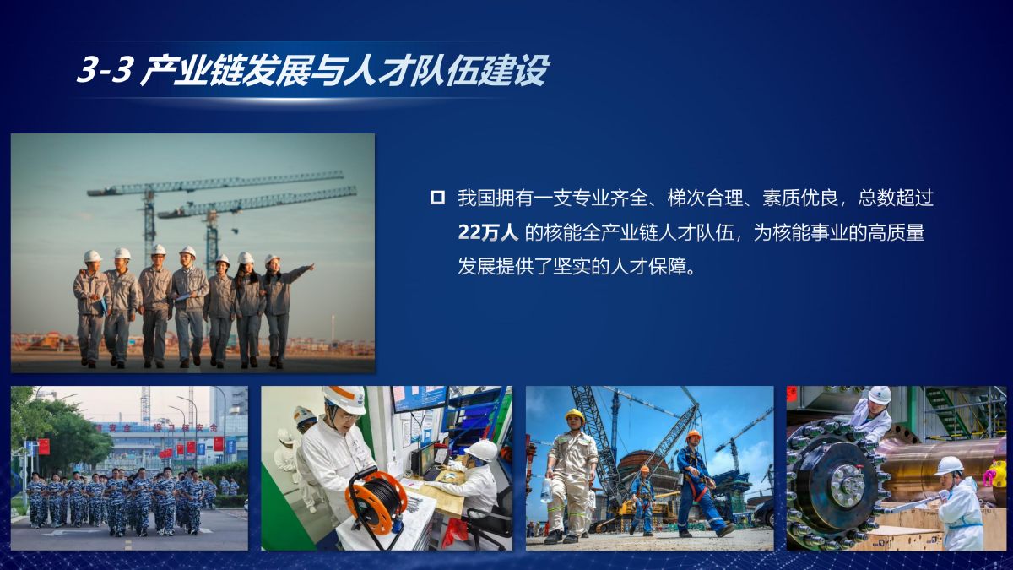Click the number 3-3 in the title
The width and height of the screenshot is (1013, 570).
click(106, 70)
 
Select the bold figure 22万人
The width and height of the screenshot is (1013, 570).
click(488, 232)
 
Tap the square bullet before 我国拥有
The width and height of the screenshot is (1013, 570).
click(437, 198)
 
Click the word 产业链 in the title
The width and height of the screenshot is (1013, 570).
click(192, 70)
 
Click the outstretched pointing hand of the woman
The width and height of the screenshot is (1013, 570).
click(311, 267)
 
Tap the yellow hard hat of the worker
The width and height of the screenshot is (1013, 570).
click(574, 415)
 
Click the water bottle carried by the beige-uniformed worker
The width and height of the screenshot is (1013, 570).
click(546, 490)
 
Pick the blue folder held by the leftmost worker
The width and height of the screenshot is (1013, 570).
click(103, 307)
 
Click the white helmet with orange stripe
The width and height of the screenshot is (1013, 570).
click(346, 399)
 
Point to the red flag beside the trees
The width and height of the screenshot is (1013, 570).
click(44, 447)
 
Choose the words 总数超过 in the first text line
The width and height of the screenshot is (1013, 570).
click(896, 198)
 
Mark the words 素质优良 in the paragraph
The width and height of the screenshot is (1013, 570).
click(800, 198)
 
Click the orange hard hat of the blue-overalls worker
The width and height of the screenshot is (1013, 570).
click(693, 435)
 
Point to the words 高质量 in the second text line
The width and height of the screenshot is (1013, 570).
click(896, 232)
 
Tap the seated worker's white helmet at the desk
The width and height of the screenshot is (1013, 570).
click(482, 450)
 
